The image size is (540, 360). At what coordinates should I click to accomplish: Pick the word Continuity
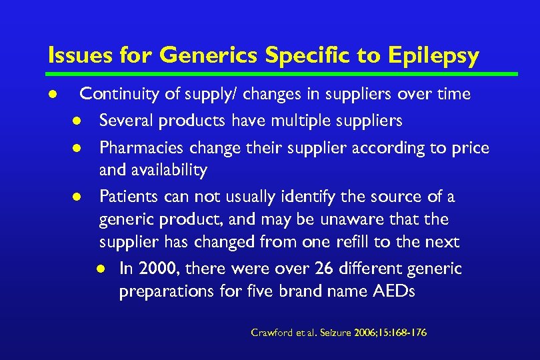[x=117, y=94]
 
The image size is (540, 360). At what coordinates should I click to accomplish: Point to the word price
[x=470, y=148]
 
